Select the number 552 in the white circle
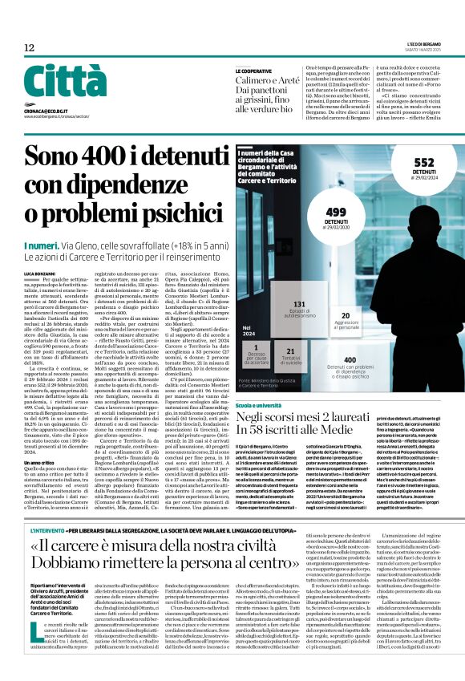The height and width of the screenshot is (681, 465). click(x=423, y=161)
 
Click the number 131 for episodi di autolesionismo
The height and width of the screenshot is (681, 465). click(x=300, y=305)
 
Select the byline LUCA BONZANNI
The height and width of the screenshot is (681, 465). click(x=38, y=274)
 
